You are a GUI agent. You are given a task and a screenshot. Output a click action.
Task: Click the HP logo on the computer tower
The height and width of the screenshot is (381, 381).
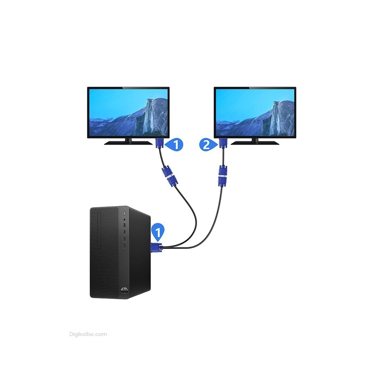[x=124, y=290]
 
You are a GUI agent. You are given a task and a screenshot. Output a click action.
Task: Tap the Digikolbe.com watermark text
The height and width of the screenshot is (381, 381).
[x=88, y=334]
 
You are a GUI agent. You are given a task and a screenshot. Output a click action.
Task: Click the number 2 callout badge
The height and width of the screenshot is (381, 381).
[x=207, y=145]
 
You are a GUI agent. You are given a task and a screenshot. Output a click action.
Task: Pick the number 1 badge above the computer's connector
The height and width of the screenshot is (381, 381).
[x=158, y=232]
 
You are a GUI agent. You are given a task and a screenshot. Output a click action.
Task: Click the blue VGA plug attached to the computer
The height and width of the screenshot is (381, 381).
[x=157, y=248]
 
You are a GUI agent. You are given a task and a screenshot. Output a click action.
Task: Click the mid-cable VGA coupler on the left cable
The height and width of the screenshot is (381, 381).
[x=170, y=176]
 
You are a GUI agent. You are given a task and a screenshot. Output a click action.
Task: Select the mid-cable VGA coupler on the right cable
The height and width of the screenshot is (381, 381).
[x=223, y=176]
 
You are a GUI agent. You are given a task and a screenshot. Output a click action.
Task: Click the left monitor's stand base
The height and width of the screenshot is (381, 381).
[x=128, y=143]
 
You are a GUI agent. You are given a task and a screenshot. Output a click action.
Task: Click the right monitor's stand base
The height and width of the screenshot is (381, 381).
[x=255, y=143]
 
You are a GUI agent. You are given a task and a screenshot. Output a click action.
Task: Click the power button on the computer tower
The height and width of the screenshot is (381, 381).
[x=124, y=214]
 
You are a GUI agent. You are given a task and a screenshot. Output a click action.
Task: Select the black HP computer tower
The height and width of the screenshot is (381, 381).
[x=120, y=253]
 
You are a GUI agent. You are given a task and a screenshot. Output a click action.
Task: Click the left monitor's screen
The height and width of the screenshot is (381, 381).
[x=128, y=113]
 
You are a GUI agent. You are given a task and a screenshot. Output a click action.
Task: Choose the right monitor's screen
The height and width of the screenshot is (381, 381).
[x=255, y=113]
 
